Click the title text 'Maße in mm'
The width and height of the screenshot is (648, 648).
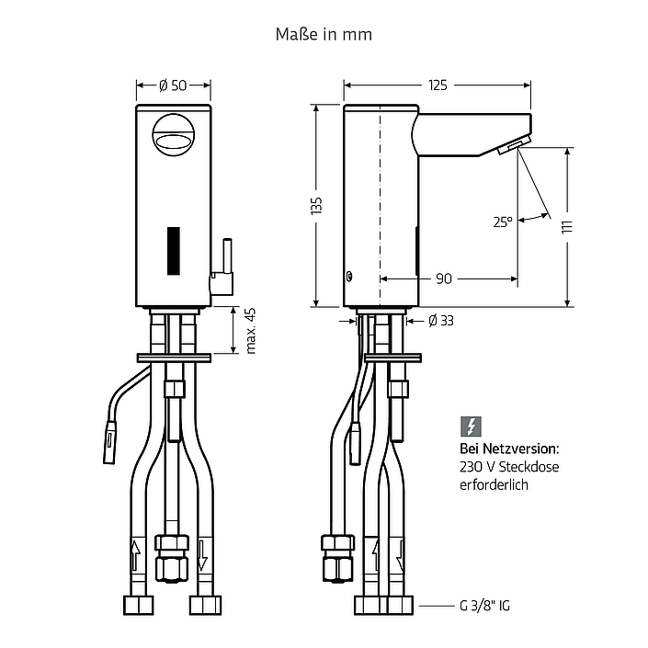pyautogui.click(x=324, y=34)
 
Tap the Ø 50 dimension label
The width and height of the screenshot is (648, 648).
pyautogui.click(x=173, y=85)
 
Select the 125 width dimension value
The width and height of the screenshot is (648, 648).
pyautogui.click(x=438, y=85)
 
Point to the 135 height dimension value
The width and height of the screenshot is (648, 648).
pyautogui.click(x=316, y=206)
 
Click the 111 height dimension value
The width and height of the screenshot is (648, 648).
pyautogui.click(x=567, y=227)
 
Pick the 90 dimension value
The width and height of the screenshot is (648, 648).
pyautogui.click(x=444, y=279)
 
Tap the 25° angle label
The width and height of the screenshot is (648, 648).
pyautogui.click(x=503, y=222)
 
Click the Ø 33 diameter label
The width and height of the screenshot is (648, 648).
pyautogui.click(x=441, y=320)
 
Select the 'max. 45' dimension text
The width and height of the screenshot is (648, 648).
pyautogui.click(x=251, y=331)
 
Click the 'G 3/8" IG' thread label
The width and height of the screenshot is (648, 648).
pyautogui.click(x=484, y=606)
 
